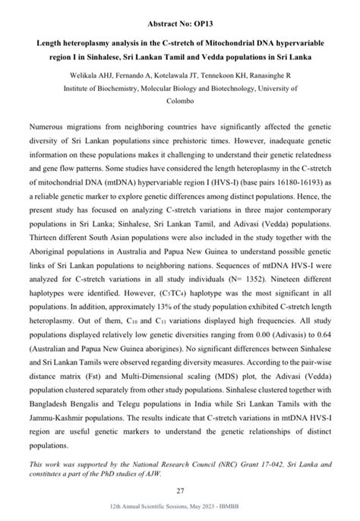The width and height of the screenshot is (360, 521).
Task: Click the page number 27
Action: point(179,491)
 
